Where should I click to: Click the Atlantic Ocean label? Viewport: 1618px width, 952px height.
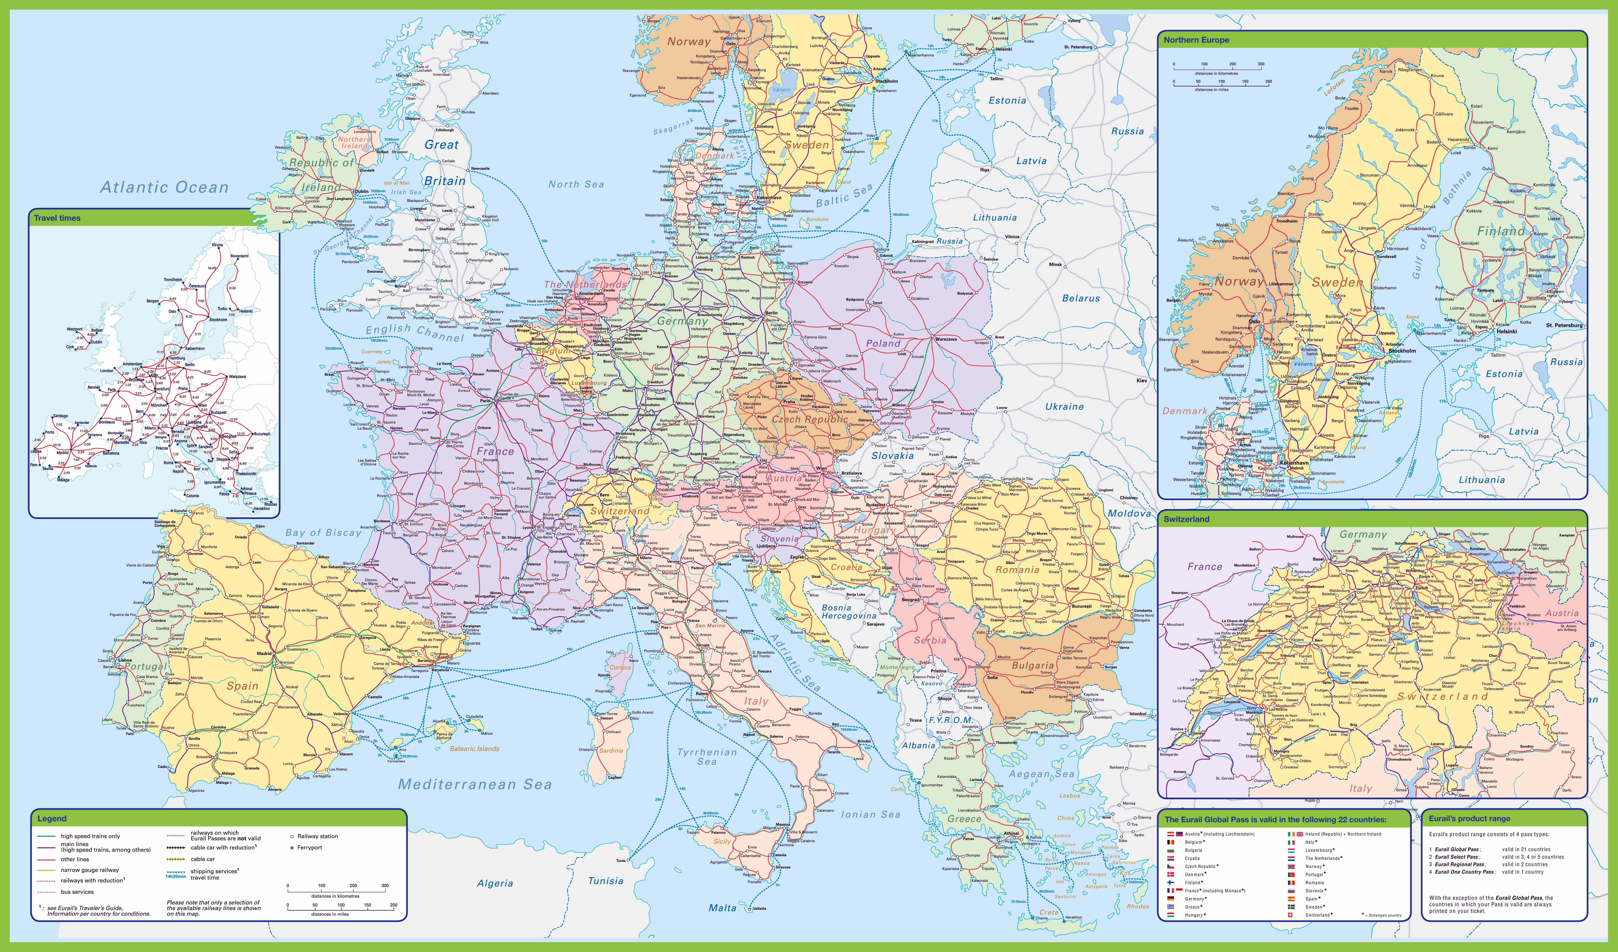(x=164, y=188)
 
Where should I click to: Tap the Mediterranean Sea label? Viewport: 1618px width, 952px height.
(x=474, y=784)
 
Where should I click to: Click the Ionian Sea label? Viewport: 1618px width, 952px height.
(x=871, y=815)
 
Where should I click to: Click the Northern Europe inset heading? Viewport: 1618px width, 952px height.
(x=1196, y=40)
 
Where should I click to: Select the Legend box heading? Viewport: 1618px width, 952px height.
(x=52, y=818)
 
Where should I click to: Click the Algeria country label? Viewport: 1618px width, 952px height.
(x=495, y=883)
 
